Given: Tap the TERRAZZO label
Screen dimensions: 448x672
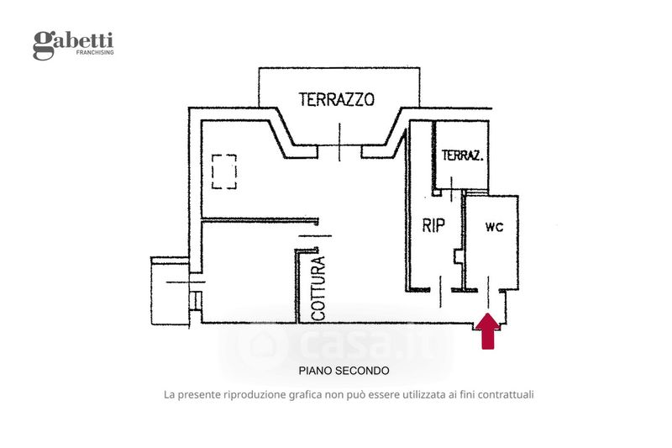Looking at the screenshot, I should point(336,99).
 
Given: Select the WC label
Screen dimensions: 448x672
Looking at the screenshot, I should point(494,228).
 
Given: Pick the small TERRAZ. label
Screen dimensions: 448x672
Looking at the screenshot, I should point(462,155).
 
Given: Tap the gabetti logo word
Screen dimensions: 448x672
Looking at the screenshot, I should point(74,42).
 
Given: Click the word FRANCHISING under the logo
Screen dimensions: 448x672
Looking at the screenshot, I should point(95,53).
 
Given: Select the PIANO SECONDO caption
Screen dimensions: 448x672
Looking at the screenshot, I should point(344,370).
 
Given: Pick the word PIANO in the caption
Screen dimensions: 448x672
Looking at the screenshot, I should point(315,370).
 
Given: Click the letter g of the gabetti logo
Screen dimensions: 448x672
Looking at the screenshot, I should point(42,45).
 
